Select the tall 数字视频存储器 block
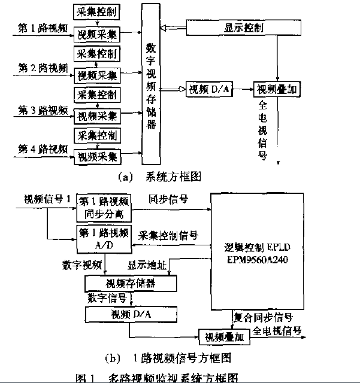coord(150,84)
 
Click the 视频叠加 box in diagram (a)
coord(275,90)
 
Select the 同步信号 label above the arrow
coord(168,198)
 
